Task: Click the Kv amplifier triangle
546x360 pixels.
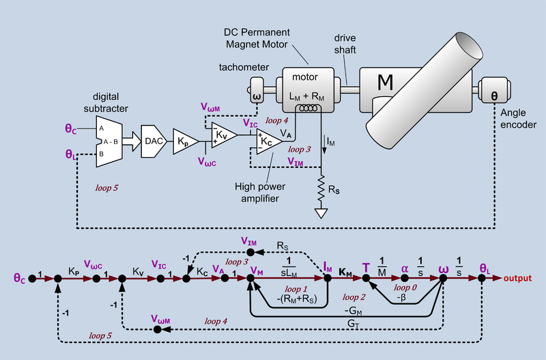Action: pyautogui.click(x=222, y=136)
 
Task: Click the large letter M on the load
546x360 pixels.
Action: pyautogui.click(x=386, y=83)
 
